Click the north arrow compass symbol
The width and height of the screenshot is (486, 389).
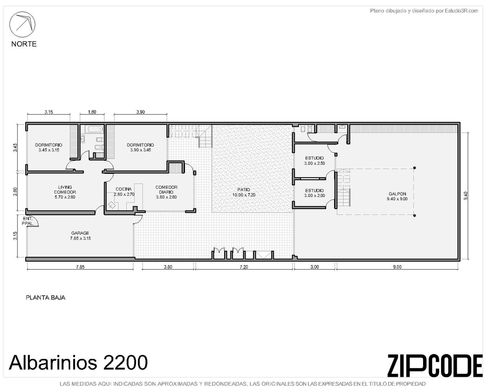click(22, 24)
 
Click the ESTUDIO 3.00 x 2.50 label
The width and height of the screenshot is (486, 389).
click(314, 161)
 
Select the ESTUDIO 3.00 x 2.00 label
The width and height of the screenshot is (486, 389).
click(314, 193)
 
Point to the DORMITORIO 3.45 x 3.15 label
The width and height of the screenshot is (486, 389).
click(49, 147)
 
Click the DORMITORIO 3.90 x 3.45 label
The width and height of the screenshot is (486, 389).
click(140, 147)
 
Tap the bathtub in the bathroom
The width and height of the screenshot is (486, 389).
click(94, 129)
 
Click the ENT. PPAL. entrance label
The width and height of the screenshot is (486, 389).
click(28, 221)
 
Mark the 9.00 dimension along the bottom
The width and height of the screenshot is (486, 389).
click(397, 267)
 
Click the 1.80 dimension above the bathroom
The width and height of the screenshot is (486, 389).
click(92, 112)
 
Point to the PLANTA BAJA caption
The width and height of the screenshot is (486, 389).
click(46, 298)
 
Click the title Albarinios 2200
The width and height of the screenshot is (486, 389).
click(78, 362)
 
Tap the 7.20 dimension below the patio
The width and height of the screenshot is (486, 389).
click(244, 267)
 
